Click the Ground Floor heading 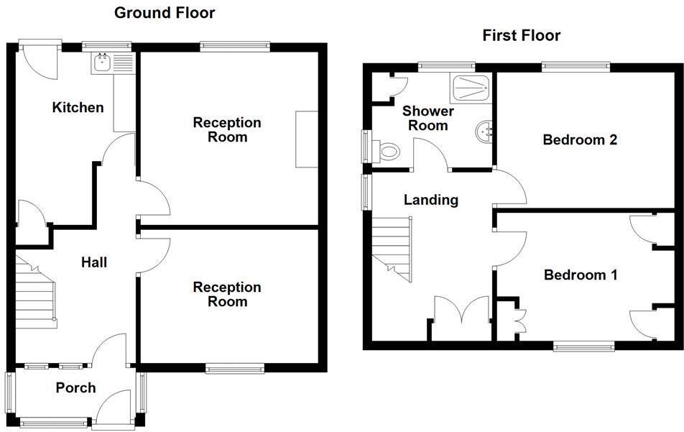(165, 12)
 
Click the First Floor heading (521, 35)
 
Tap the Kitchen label (78, 108)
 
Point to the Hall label (94, 262)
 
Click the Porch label (75, 388)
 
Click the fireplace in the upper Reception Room (307, 139)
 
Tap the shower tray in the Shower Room (472, 87)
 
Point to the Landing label (430, 200)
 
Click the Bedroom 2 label (580, 139)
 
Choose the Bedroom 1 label (581, 275)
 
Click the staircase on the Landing (392, 248)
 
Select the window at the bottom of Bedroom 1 (583, 346)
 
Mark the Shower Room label (427, 118)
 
